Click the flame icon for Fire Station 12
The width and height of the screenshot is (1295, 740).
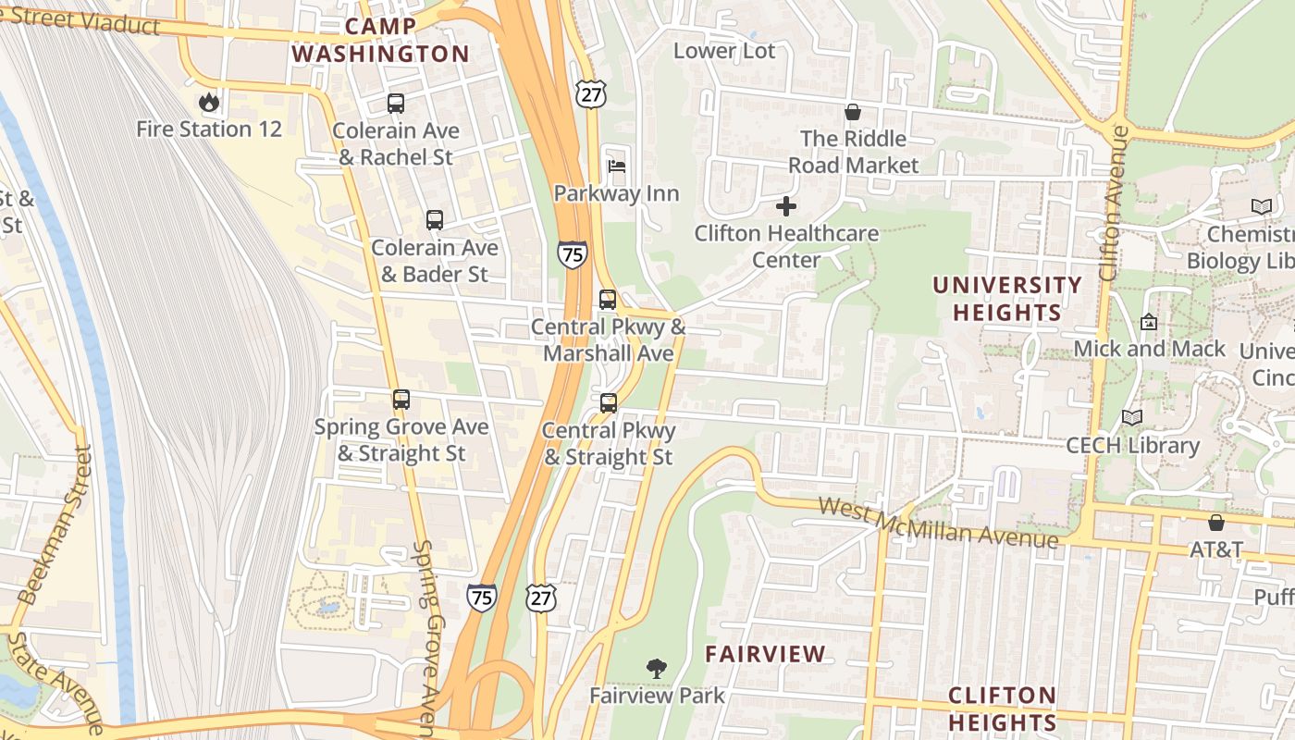click(x=209, y=102)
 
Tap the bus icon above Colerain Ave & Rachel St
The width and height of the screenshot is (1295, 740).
click(x=396, y=104)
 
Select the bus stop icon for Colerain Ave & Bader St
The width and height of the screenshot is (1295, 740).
click(x=435, y=220)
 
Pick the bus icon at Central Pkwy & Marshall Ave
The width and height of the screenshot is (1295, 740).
click(x=608, y=300)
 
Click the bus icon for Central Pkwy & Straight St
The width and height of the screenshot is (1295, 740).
click(x=609, y=403)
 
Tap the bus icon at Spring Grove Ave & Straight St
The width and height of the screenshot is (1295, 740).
click(x=401, y=400)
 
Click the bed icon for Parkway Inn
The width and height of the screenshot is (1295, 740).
click(x=617, y=166)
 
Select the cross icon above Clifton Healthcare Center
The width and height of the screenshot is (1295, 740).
click(x=786, y=205)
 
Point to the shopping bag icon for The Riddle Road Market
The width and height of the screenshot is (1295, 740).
click(x=852, y=112)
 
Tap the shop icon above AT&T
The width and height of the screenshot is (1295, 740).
click(x=1216, y=523)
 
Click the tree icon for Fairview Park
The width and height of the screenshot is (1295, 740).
click(x=657, y=667)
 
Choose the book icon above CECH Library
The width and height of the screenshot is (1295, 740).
click(x=1132, y=417)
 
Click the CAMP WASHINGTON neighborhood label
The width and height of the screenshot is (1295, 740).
click(x=381, y=40)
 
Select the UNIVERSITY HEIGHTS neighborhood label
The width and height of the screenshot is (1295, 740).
click(x=1007, y=299)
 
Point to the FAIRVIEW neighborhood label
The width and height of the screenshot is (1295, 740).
click(x=765, y=654)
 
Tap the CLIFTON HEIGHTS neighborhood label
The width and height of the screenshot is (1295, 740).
click(x=1003, y=709)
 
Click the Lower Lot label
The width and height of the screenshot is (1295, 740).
click(x=724, y=51)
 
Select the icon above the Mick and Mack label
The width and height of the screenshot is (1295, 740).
click(x=1149, y=322)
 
